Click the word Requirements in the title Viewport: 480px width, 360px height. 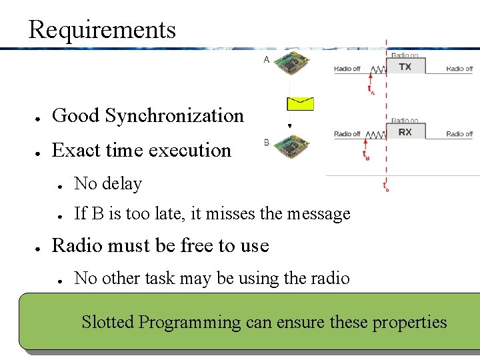tap(102, 30)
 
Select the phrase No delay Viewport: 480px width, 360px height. tap(108, 183)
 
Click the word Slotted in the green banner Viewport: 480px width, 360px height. tap(107, 323)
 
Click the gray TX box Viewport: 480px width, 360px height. tap(405, 67)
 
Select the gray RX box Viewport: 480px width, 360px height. tap(405, 132)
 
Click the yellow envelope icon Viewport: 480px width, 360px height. tap(300, 103)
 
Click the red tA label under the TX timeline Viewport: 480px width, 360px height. tap(371, 89)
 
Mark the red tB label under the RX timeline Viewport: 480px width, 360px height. tap(367, 156)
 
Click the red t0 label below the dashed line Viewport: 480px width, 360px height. tap(386, 187)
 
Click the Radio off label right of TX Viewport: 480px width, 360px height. tap(459, 69)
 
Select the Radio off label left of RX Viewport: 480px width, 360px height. tap(347, 134)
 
